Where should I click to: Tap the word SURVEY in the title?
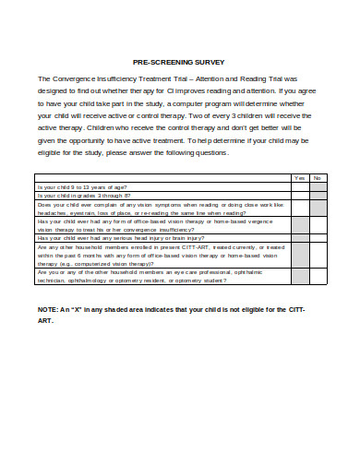coord(210,62)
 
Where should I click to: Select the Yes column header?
coord(298,178)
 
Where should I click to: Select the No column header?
coord(317,178)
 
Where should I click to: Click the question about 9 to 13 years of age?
coord(83,186)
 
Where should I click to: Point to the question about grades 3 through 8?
coord(84,196)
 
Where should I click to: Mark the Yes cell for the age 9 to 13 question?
coord(298,186)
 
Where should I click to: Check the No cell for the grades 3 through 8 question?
coord(317,196)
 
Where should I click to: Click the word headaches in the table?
coord(53,212)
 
